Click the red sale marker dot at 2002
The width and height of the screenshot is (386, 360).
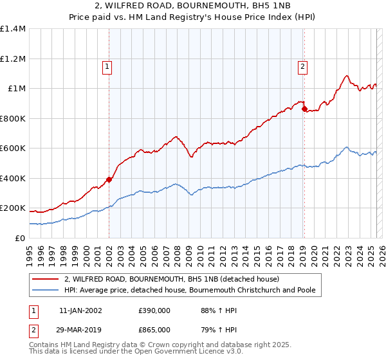[x=109, y=179]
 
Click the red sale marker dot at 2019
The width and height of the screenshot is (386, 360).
[x=304, y=109]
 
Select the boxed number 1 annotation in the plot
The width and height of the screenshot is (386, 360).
[x=106, y=65]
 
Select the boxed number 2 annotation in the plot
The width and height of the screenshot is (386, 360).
[x=302, y=65]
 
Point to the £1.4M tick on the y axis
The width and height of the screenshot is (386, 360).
[x=13, y=29]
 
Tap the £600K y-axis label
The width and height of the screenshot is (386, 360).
[x=13, y=148]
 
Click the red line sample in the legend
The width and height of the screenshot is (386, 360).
[x=46, y=280]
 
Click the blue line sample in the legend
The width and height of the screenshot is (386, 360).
[x=46, y=291]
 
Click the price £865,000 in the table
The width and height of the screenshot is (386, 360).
[x=154, y=329]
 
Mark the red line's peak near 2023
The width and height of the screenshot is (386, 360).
[x=347, y=76]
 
